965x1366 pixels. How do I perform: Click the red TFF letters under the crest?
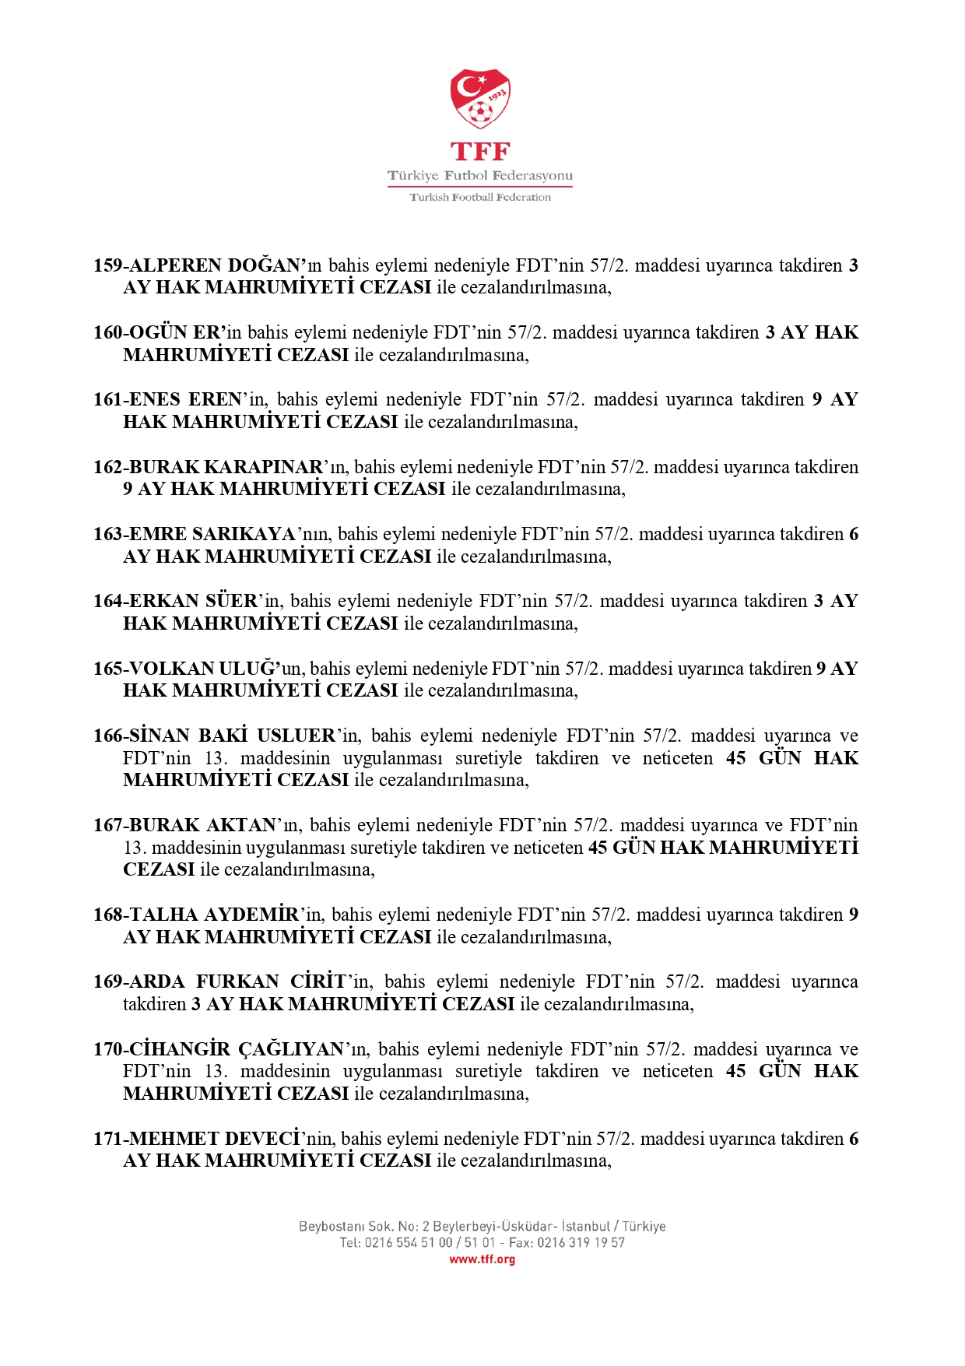point(480,152)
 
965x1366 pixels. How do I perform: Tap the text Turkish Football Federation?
point(480,198)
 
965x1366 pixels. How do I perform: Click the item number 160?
point(107,333)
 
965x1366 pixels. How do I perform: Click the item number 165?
point(107,669)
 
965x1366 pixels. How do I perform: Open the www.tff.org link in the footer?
point(482,1259)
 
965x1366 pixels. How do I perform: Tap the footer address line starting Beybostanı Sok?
point(482,1227)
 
